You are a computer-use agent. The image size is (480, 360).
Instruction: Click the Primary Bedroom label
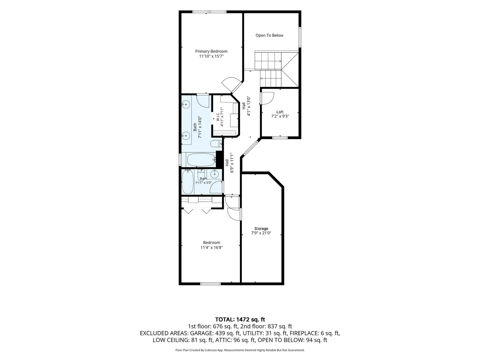(x=211, y=51)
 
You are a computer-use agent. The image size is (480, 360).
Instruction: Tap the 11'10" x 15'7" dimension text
(x=211, y=56)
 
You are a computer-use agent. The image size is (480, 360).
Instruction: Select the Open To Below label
(x=269, y=35)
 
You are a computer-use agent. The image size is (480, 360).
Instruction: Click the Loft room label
(x=280, y=112)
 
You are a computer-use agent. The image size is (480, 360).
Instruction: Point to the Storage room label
(x=261, y=229)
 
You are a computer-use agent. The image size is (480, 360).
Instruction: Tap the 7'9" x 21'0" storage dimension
(x=261, y=233)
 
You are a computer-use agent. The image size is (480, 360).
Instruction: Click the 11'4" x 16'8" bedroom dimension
(x=211, y=248)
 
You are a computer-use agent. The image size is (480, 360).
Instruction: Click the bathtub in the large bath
(x=201, y=160)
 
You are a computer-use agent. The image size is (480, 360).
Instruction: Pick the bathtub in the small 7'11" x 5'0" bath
(x=188, y=182)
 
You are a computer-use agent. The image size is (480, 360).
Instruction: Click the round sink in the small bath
(x=214, y=174)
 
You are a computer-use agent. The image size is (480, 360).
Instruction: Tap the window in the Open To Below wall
(x=300, y=37)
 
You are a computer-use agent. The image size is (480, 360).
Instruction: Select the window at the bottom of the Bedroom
(x=210, y=284)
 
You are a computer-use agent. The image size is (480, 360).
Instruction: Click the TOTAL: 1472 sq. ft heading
(x=240, y=320)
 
